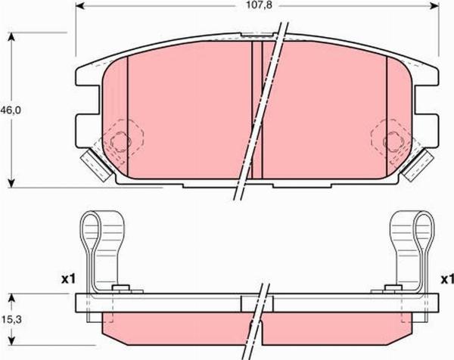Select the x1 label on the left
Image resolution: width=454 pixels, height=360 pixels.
coord(69,280)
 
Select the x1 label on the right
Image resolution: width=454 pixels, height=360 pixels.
coord(446,280)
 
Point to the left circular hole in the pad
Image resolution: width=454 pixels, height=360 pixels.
coord(118,141)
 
